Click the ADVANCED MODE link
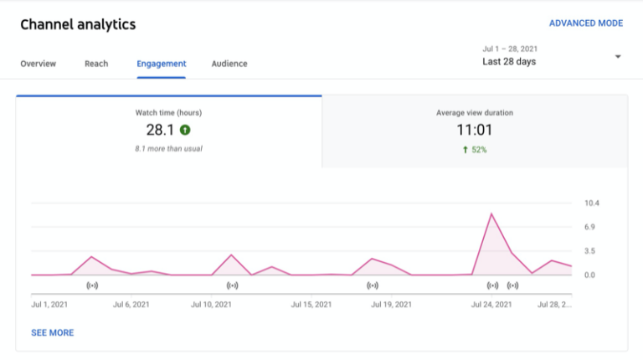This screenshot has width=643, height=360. tap(585, 23)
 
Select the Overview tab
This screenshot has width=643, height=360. tap(38, 64)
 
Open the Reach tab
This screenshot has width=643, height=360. tap(96, 64)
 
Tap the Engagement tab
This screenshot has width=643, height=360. tap(162, 64)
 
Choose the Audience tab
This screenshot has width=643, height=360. tap(229, 64)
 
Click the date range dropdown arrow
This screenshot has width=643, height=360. tap(618, 57)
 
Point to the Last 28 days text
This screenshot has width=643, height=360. tap(509, 62)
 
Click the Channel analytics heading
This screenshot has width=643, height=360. tap(78, 24)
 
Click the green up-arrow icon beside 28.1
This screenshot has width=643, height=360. tap(185, 130)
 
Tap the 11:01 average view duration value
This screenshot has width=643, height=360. tap(474, 130)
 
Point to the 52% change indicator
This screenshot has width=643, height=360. tap(474, 150)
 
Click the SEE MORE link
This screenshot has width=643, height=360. tap(52, 333)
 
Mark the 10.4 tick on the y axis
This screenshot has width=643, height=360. tap(592, 203)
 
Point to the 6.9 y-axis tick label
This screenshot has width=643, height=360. tap(591, 227)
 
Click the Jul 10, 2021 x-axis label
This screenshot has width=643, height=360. tap(211, 305)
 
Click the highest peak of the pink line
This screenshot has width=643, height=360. tap(491, 213)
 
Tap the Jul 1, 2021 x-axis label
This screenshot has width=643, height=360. tap(49, 305)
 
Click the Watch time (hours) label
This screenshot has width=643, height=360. tap(168, 112)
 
